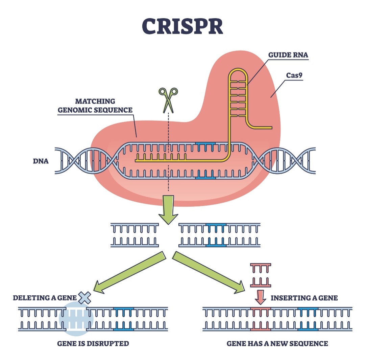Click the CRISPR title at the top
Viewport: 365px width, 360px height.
tap(182, 25)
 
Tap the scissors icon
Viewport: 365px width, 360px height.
tap(168, 99)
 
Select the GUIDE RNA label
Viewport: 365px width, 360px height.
tap(288, 55)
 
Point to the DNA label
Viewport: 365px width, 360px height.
tap(41, 161)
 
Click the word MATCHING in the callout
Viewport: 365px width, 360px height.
tap(95, 101)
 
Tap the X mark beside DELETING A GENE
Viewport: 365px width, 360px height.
tap(85, 298)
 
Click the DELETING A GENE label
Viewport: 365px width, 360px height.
tap(45, 298)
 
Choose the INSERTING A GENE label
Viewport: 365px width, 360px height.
tap(304, 298)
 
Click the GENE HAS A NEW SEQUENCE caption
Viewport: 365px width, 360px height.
tap(277, 344)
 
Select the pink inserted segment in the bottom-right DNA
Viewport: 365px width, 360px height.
tap(260, 318)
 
